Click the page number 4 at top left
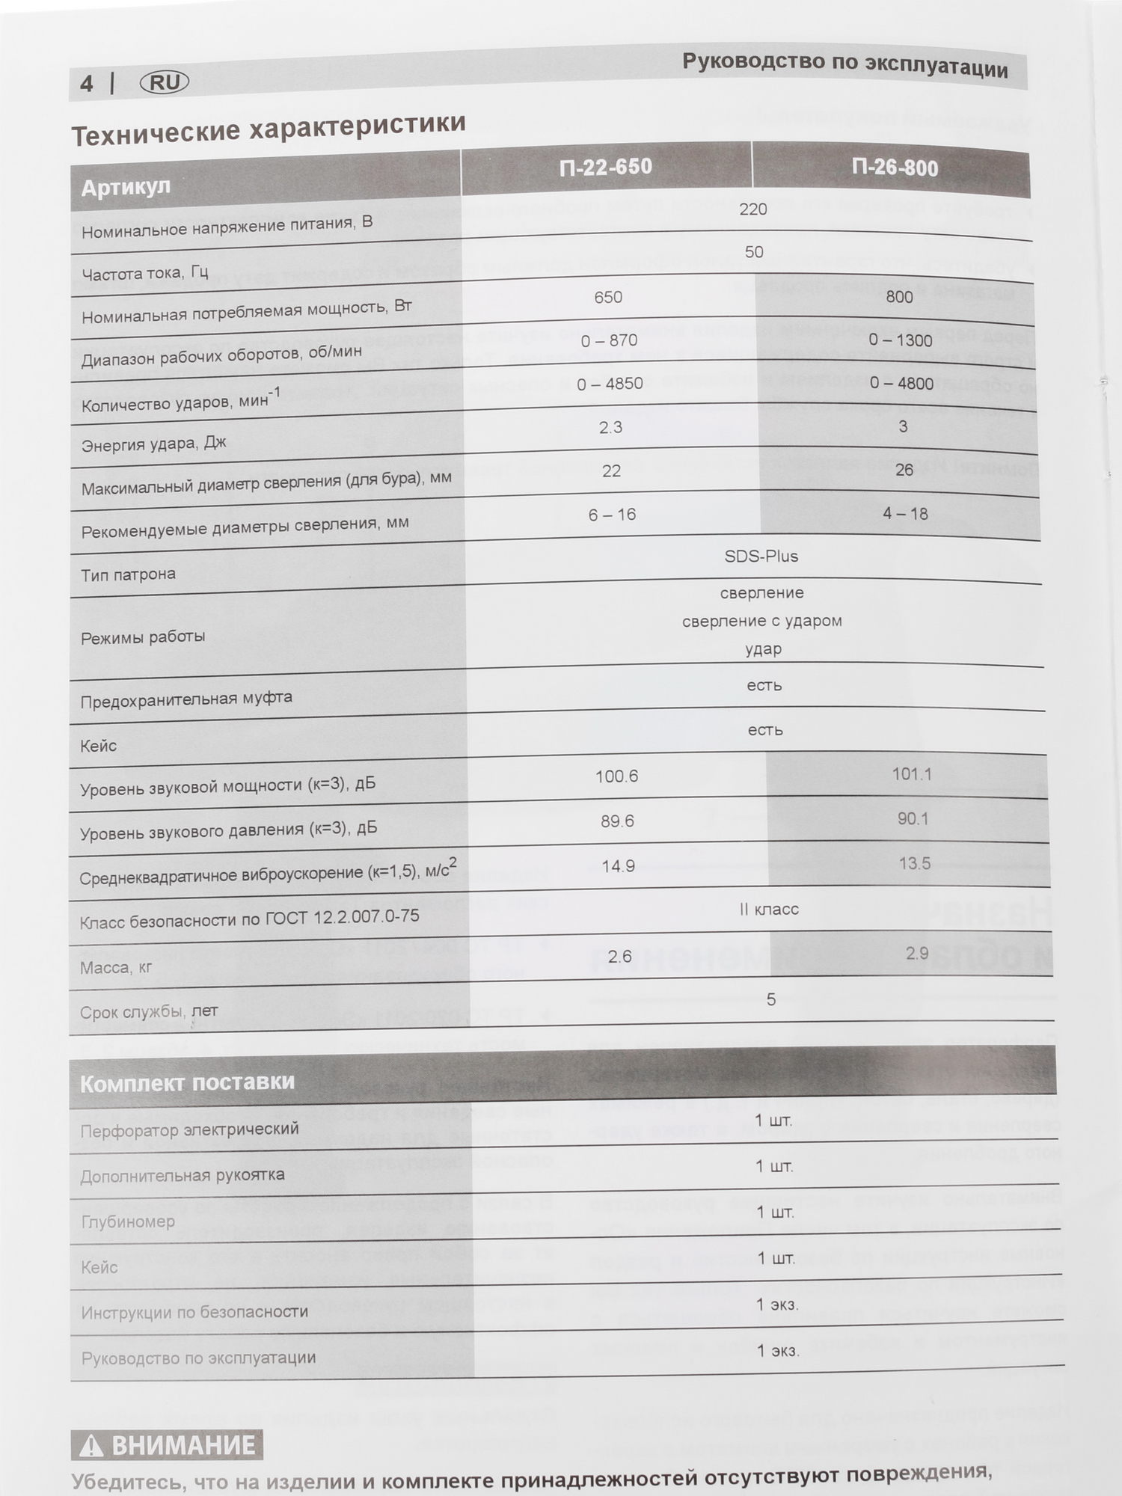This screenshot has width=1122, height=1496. click(x=87, y=84)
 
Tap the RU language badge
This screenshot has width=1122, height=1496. click(x=165, y=82)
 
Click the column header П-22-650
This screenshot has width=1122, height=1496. click(x=606, y=166)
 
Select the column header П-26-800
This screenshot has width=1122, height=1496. click(x=895, y=168)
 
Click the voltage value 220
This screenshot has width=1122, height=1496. click(x=752, y=209)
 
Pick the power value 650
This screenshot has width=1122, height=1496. click(x=608, y=297)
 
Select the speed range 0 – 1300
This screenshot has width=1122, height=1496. click(x=901, y=340)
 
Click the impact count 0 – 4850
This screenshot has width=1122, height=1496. click(x=610, y=384)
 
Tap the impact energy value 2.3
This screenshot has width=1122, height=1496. click(x=610, y=427)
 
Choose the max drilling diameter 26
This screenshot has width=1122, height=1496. click(x=904, y=470)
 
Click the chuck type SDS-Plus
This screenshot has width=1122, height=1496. click(x=761, y=557)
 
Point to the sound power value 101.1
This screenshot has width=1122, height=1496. click(x=912, y=774)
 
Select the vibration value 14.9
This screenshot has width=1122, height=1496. click(x=619, y=866)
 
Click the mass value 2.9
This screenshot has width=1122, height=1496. click(x=917, y=953)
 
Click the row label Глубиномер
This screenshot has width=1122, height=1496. click(x=128, y=1221)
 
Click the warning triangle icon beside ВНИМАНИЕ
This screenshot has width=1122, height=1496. click(x=91, y=1446)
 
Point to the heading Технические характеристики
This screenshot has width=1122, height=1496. click(x=269, y=129)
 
